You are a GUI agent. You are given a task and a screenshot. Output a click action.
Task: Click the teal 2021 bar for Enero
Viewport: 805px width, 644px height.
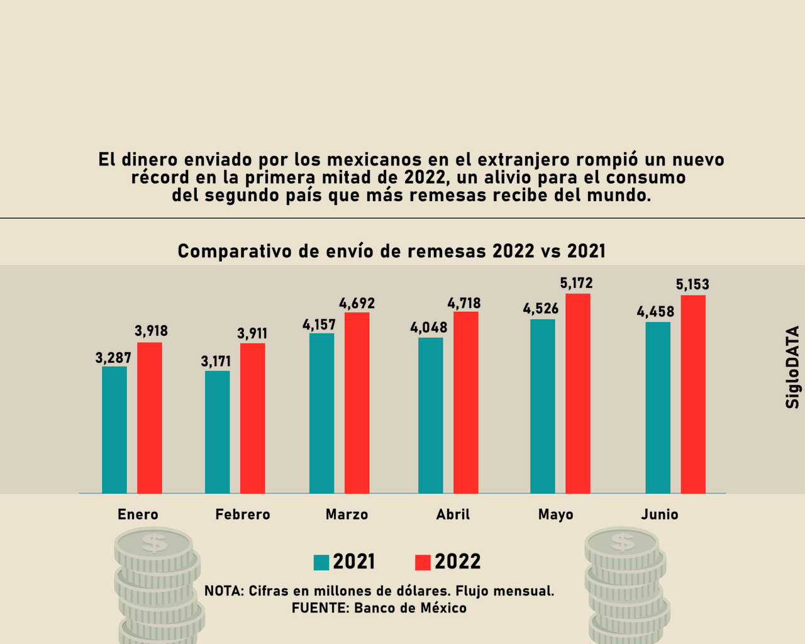[114, 430]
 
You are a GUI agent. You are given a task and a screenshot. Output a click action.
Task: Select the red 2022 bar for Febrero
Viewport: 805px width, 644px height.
[252, 418]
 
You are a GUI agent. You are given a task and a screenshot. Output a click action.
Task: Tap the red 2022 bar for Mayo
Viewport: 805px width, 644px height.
[577, 393]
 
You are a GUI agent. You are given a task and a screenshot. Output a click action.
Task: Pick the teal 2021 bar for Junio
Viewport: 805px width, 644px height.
[658, 408]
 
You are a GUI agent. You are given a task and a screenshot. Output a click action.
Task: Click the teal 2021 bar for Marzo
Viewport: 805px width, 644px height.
[321, 413]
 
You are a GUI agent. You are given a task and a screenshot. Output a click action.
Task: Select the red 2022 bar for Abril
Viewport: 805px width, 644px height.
[465, 402]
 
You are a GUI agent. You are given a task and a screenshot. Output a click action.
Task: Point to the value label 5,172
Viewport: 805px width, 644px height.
[576, 284]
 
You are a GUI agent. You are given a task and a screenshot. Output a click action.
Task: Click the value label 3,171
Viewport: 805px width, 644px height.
[216, 362]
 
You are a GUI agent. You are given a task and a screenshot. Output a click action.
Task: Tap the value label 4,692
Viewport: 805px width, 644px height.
[357, 304]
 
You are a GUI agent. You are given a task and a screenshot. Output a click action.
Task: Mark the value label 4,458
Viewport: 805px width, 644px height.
[655, 311]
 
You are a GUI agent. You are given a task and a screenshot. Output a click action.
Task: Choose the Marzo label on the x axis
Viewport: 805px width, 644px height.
[347, 514]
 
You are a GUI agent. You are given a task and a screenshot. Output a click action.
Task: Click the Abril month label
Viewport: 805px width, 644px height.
[453, 514]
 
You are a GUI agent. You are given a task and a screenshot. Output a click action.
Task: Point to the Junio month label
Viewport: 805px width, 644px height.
[660, 514]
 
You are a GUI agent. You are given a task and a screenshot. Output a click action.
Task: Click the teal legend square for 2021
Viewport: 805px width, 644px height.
[321, 562]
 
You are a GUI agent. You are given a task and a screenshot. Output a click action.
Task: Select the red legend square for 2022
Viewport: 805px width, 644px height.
[423, 562]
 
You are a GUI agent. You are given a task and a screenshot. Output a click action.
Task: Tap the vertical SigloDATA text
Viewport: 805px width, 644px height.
[792, 367]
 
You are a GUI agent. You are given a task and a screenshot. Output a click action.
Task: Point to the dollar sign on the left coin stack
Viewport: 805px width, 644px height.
[154, 542]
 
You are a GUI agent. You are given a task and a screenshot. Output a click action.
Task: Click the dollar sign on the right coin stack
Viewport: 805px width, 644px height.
[623, 541]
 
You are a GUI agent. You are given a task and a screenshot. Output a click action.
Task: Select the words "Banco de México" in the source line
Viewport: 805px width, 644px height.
[410, 608]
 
